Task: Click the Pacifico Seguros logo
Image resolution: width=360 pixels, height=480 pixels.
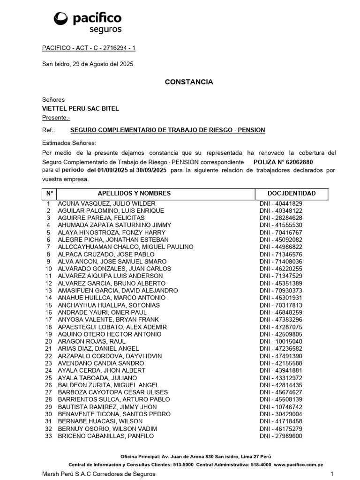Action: (x=88, y=22)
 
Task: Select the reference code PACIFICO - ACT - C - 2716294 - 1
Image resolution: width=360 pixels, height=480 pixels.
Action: (x=89, y=48)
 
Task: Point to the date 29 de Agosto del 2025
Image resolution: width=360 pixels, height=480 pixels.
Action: (x=103, y=64)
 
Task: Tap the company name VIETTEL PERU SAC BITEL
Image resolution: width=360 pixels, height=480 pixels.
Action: (x=80, y=108)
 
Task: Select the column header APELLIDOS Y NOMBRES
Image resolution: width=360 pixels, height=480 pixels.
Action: (x=134, y=194)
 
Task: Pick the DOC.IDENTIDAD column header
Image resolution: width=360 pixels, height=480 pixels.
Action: (x=291, y=194)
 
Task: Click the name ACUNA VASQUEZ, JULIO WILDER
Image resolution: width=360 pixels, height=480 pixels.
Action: (x=106, y=203)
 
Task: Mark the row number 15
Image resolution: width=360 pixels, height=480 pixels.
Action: (x=48, y=305)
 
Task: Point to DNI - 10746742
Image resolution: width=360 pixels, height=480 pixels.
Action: (x=281, y=407)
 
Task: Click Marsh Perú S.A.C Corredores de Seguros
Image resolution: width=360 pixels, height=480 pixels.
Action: (x=98, y=474)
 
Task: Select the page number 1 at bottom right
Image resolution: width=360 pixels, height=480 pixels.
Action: (x=331, y=474)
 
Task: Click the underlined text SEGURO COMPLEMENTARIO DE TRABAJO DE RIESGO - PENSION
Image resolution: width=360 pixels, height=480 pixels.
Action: (x=167, y=130)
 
